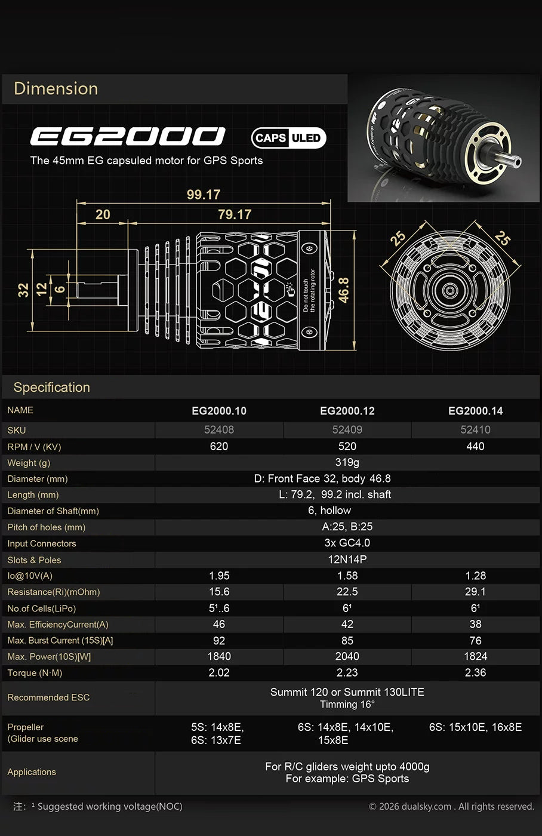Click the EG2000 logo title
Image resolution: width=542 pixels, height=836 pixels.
(128, 136)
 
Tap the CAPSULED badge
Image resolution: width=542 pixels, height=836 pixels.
(289, 138)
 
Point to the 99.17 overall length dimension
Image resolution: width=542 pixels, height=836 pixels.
(204, 195)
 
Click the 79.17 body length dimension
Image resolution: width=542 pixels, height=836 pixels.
(235, 214)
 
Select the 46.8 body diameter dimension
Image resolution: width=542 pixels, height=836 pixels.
(344, 290)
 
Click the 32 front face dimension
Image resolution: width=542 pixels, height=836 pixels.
(23, 290)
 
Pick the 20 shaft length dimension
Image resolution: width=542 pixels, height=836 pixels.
(103, 214)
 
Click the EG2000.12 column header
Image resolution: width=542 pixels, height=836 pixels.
(347, 411)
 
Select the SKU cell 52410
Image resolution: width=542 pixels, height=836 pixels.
(475, 429)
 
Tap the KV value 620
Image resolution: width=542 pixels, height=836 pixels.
(219, 447)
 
